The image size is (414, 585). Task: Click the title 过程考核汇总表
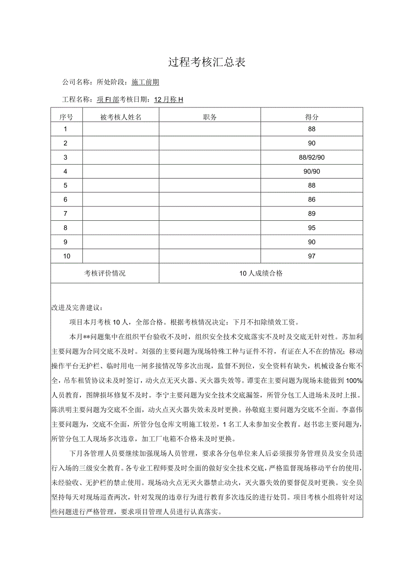coord(207,62)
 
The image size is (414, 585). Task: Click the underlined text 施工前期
coord(145,82)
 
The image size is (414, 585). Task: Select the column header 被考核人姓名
coord(121,117)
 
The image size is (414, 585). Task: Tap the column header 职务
coord(210,117)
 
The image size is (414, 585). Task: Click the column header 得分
coord(312,117)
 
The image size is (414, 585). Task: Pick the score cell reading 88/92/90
coord(312,157)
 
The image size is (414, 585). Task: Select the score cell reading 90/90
coord(312,171)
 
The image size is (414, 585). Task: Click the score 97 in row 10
coord(312,256)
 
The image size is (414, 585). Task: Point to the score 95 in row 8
coord(312,228)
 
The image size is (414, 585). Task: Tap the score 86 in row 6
coord(312,200)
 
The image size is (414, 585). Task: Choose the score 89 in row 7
coord(312,214)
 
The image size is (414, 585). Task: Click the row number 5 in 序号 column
coord(66,186)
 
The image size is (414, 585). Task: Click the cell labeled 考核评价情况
coord(105,273)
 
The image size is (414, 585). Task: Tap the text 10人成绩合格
coord(261,273)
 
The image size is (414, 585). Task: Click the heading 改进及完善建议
coord(77,308)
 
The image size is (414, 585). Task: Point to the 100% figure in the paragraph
coord(354,380)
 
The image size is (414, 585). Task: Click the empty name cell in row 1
coord(121,129)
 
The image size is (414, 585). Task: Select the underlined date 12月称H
coord(168,100)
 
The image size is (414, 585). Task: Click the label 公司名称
coord(75,82)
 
